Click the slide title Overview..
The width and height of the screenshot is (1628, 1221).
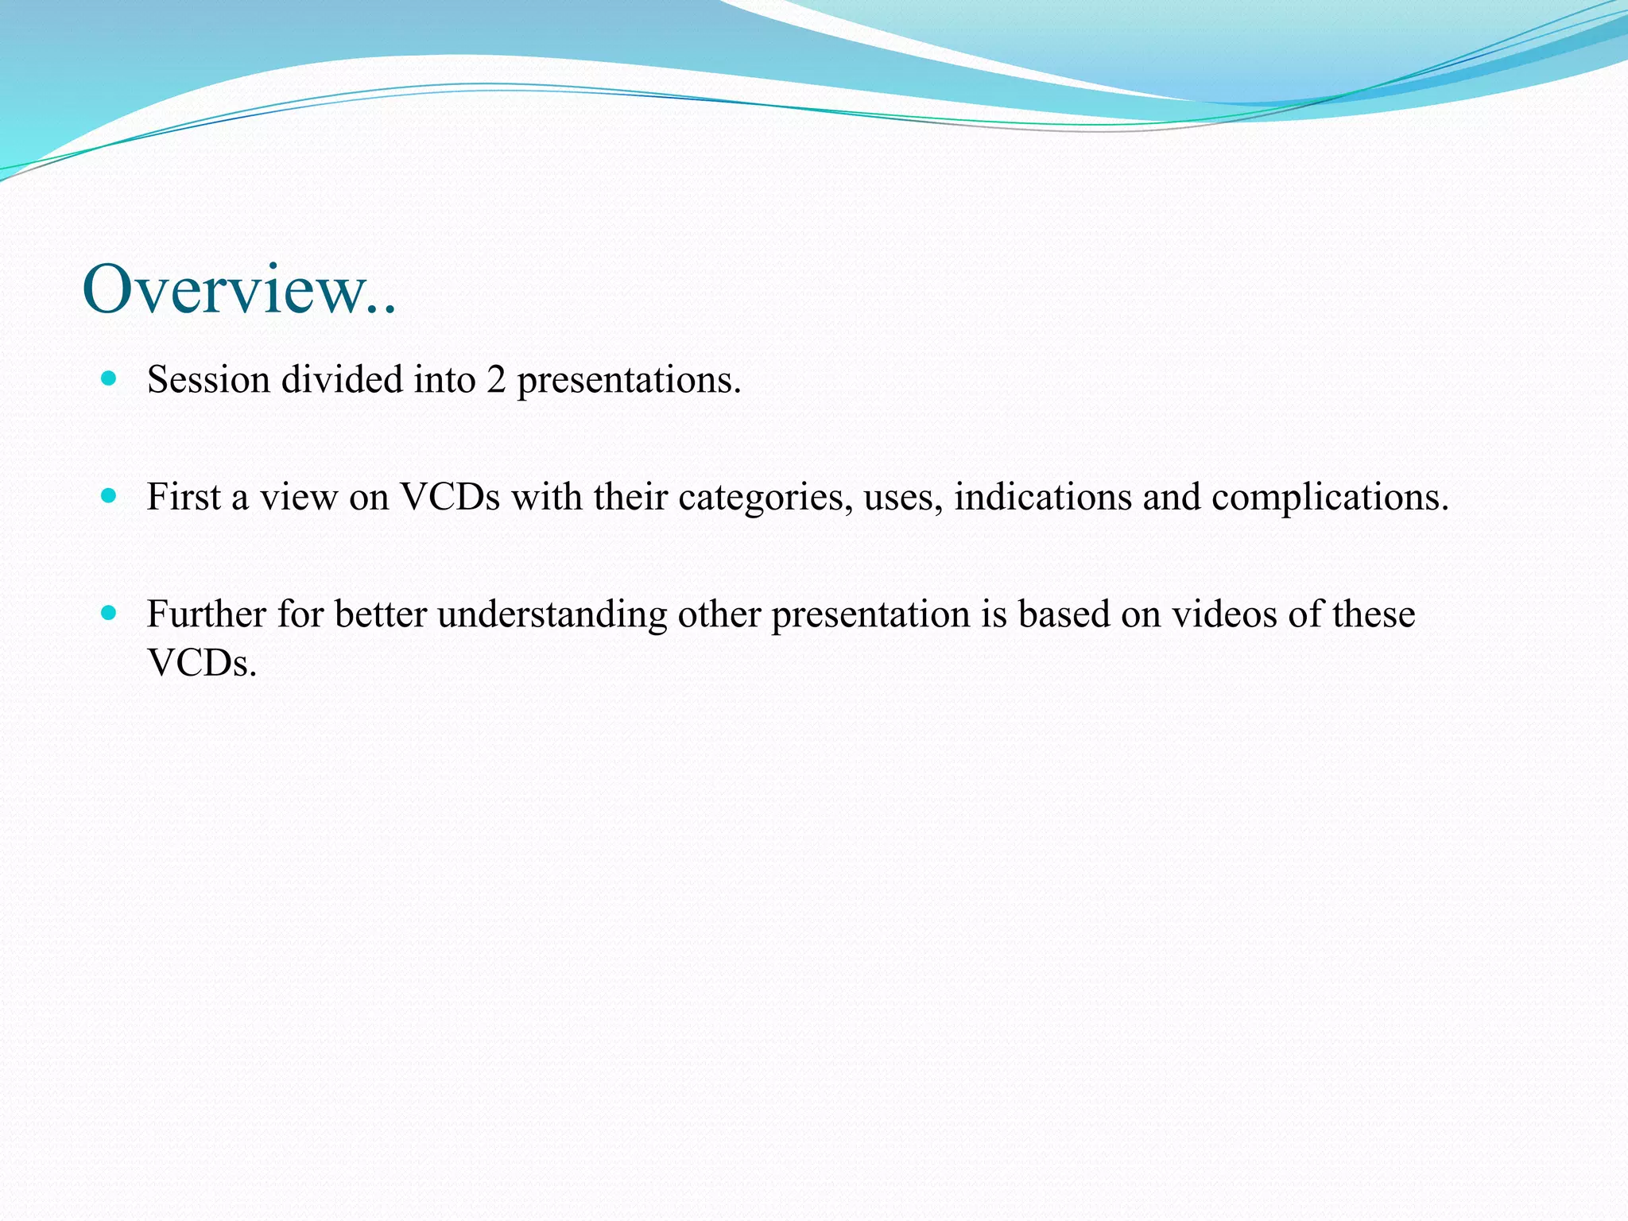pyautogui.click(x=238, y=289)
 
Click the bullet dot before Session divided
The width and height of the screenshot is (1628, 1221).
pyautogui.click(x=109, y=378)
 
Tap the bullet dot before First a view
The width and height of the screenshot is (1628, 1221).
pyautogui.click(x=109, y=496)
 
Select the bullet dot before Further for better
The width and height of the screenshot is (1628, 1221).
pyautogui.click(x=109, y=613)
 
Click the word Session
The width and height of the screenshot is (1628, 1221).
pyautogui.click(x=208, y=380)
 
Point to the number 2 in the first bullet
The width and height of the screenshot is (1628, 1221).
pyautogui.click(x=496, y=380)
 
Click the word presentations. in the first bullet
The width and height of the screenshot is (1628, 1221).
pyautogui.click(x=629, y=380)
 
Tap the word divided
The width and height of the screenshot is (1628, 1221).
pyautogui.click(x=342, y=380)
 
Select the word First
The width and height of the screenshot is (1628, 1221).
pyautogui.click(x=184, y=498)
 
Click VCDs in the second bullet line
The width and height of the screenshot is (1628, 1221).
pyautogui.click(x=450, y=498)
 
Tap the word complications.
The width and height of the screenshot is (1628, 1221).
pyautogui.click(x=1330, y=498)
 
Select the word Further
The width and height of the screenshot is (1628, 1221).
pyautogui.click(x=206, y=614)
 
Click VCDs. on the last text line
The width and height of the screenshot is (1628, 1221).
pyautogui.click(x=202, y=663)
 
